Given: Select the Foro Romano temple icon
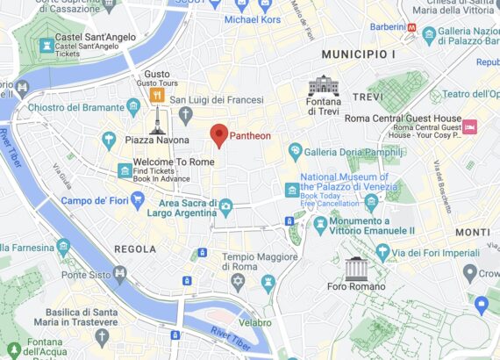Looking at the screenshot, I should click(x=355, y=268).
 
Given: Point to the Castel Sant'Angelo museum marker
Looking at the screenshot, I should click(x=48, y=44).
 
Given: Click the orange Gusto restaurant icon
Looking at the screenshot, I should click(x=157, y=94).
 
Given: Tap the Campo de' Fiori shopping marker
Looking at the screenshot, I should click(x=138, y=200).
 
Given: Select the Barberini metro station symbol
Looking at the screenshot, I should click(x=411, y=27).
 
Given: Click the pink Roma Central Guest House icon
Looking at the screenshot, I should click(x=469, y=126).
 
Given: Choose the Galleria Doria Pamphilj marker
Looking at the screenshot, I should click(x=296, y=150).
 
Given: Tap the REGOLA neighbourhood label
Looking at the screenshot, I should click(x=135, y=249).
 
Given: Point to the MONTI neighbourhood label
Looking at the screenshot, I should click(x=473, y=232).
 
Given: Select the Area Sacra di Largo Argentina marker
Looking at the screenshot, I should click(x=225, y=207).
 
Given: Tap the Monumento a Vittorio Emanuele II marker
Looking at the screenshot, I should click(x=320, y=227).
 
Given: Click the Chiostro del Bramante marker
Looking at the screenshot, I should click(x=133, y=107).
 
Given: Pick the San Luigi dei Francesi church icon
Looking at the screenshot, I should click(x=185, y=115).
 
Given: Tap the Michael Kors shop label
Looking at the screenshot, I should click(x=253, y=19).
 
